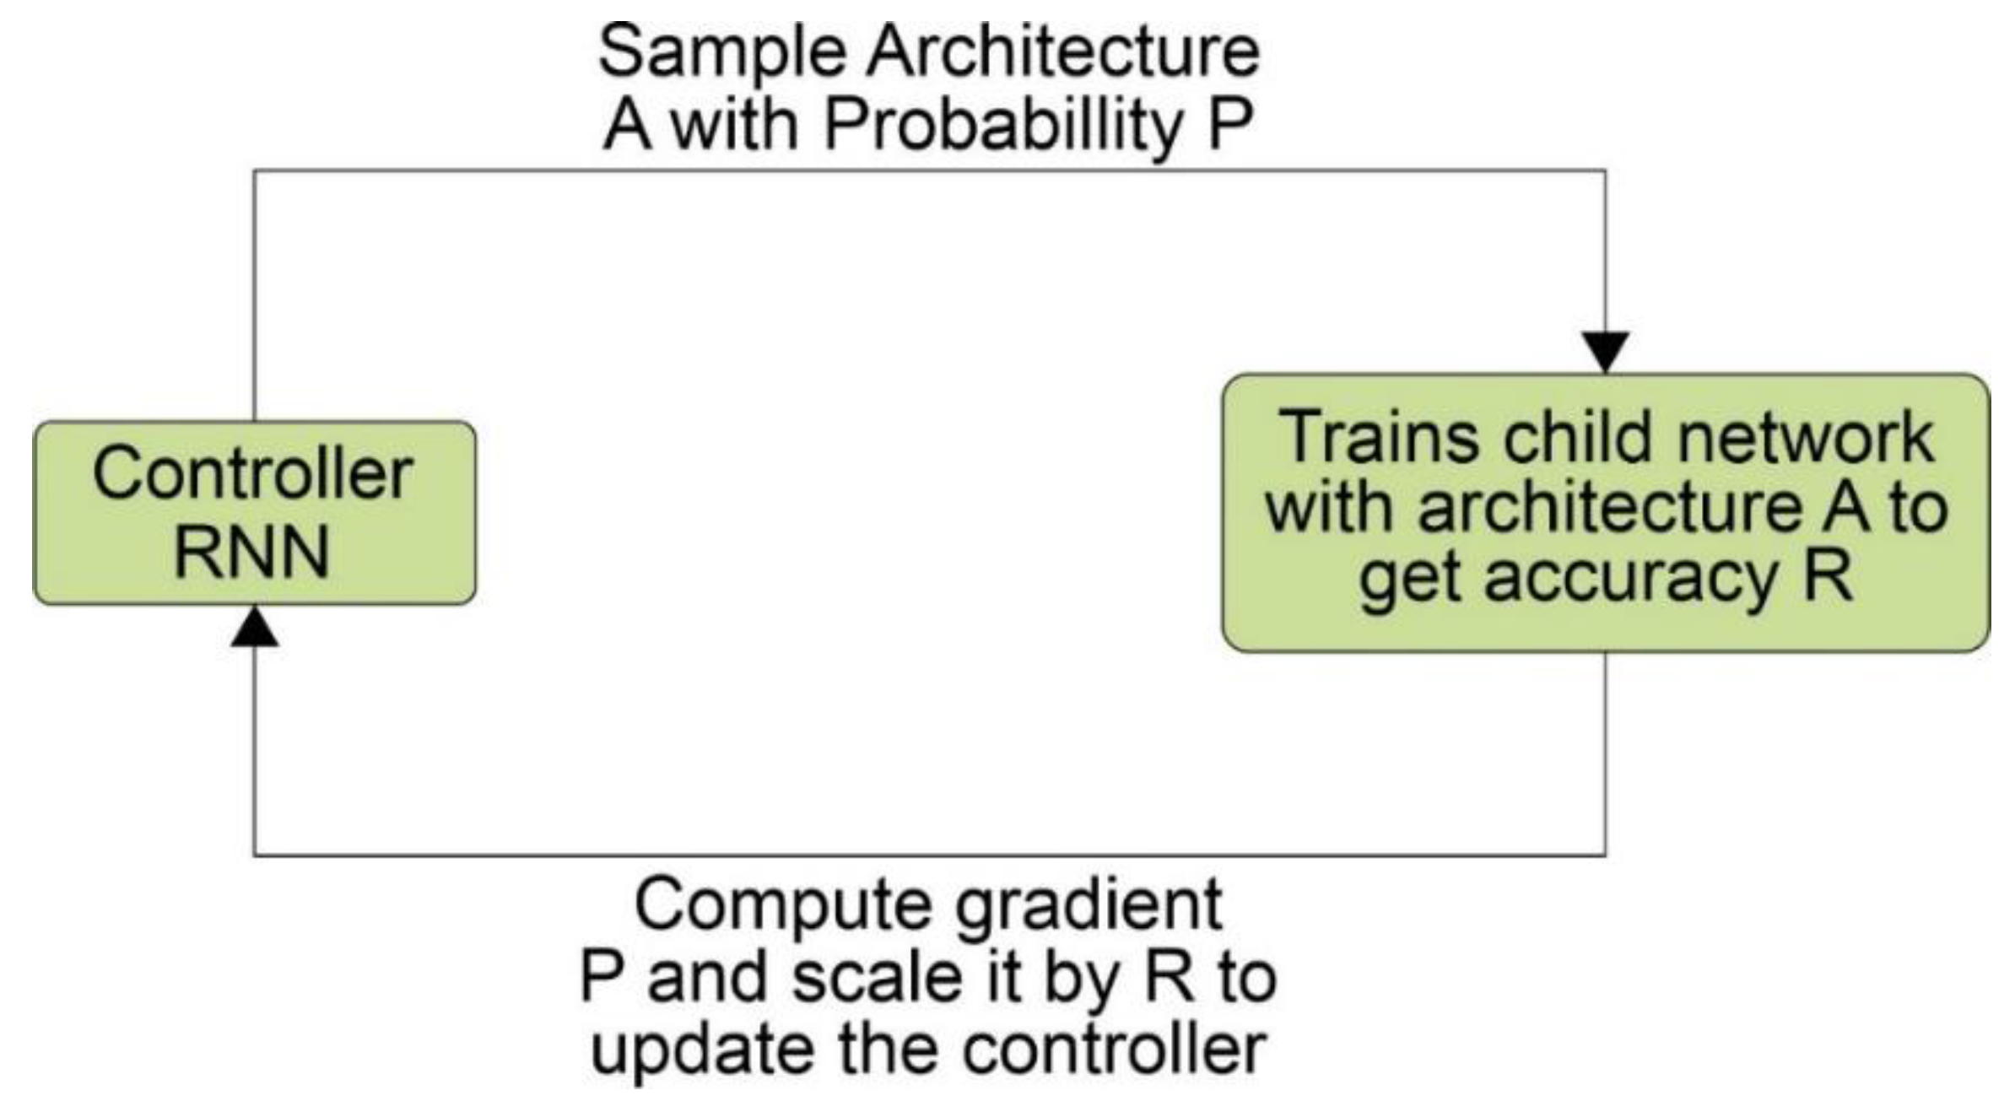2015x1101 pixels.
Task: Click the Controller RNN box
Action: [x=254, y=512]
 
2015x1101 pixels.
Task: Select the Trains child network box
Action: [x=1605, y=512]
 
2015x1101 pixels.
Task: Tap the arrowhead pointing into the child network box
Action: [x=1605, y=351]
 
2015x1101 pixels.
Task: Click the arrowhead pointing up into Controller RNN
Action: [x=254, y=629]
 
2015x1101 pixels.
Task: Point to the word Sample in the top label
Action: [x=721, y=52]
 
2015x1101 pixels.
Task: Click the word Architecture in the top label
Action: [x=1063, y=52]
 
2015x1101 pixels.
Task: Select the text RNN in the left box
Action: [x=251, y=553]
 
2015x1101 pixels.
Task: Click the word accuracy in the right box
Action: [x=1629, y=580]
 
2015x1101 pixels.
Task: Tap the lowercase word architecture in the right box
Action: [x=1607, y=509]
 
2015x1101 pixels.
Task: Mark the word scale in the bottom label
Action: [x=878, y=979]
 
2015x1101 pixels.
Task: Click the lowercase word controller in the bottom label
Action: [x=1114, y=1050]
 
